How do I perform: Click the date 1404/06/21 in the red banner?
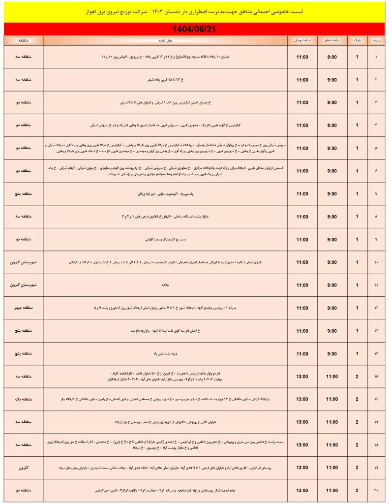click(195, 29)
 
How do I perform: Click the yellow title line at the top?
click(195, 11)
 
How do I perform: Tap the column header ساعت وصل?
click(302, 40)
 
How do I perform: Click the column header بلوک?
click(357, 40)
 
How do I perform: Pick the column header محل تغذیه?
click(165, 40)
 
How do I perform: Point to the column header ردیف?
click(377, 40)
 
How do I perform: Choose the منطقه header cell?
click(24, 40)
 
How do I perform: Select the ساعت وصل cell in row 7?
click(302, 194)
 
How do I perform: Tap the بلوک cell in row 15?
click(357, 377)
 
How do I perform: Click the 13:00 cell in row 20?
click(302, 491)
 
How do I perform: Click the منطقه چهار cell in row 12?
click(24, 308)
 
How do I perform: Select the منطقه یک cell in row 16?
click(24, 399)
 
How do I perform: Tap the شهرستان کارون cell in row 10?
click(24, 262)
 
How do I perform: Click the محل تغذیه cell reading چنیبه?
click(165, 285)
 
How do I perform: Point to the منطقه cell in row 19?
click(24, 468)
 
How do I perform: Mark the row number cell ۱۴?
click(377, 353)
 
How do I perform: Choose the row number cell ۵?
click(377, 148)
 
